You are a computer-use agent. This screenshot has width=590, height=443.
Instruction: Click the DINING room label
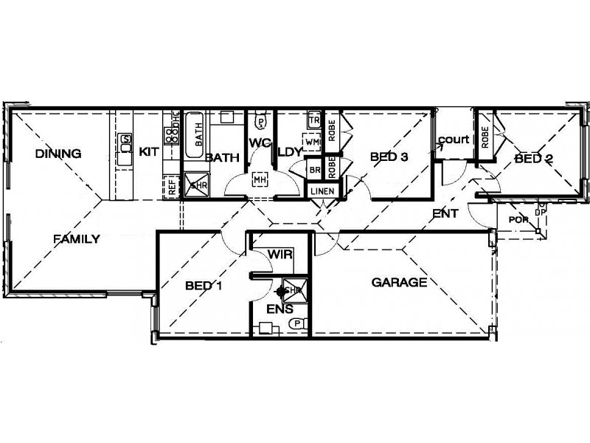[58, 154]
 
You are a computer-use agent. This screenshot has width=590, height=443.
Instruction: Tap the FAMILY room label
[76, 238]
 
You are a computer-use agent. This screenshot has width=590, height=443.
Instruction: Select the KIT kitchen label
[150, 151]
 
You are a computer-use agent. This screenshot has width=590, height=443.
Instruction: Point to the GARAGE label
[399, 282]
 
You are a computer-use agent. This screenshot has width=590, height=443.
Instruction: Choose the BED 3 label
[389, 156]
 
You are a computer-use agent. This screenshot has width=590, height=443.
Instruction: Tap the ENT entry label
[445, 213]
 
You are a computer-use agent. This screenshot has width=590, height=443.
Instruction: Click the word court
[454, 139]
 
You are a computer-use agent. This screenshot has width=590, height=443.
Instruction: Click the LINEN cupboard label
[323, 192]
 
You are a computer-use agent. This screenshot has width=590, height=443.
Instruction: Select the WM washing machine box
[311, 140]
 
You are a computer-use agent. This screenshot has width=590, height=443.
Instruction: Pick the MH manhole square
[259, 179]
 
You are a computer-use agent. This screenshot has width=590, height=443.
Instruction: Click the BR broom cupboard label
[315, 169]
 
